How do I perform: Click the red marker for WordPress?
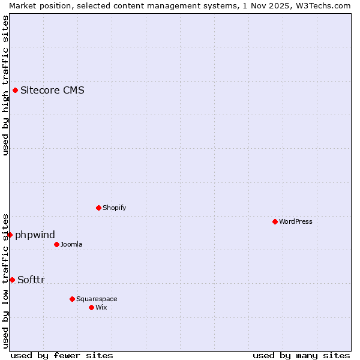[x=275, y=221]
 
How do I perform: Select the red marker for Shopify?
[x=98, y=208]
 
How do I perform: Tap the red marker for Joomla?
[x=56, y=244]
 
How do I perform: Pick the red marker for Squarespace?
[x=72, y=299]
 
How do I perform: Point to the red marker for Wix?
[x=91, y=307]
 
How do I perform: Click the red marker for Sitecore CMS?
[x=15, y=91]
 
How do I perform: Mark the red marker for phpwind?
[x=10, y=235]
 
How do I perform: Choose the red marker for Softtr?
[x=12, y=280]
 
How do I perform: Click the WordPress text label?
[x=296, y=221]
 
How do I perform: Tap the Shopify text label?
[x=114, y=208]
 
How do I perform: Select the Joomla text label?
[x=71, y=244]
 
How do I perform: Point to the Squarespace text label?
[x=97, y=299]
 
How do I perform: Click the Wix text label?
[x=101, y=307]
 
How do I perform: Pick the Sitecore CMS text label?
[x=52, y=91]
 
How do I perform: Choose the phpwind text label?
[x=35, y=235]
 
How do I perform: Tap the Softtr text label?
[x=31, y=280]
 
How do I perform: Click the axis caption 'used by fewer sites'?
[x=62, y=355]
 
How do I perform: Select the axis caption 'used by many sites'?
[x=301, y=355]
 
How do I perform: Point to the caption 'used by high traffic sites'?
[x=5, y=85]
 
